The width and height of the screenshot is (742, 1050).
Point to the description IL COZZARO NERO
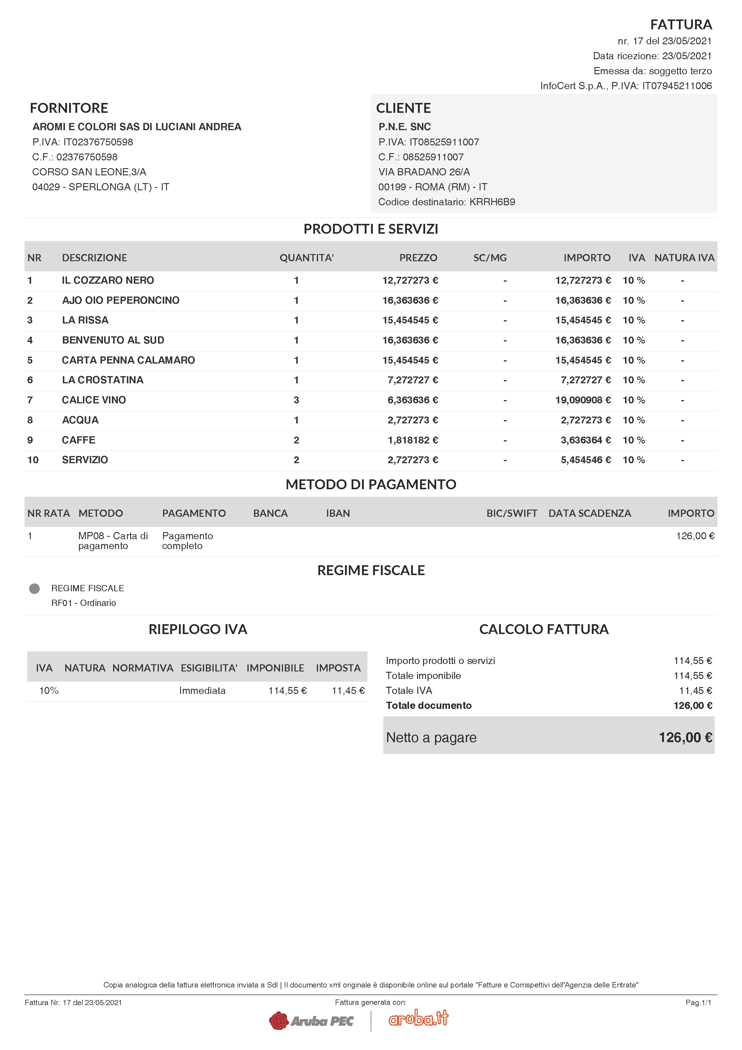pyautogui.click(x=108, y=280)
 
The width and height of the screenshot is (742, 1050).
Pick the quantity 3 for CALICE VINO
pyautogui.click(x=296, y=400)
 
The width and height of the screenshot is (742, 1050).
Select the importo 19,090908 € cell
pyautogui.click(x=583, y=400)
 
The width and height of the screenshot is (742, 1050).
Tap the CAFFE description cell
pyautogui.click(x=79, y=440)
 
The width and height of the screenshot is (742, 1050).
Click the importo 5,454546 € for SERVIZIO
pyautogui.click(x=585, y=460)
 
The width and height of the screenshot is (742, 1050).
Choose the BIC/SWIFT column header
pyautogui.click(x=512, y=513)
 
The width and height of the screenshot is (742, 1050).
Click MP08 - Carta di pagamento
pyautogui.click(x=113, y=540)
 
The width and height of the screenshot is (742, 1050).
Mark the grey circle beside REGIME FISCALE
pyautogui.click(x=34, y=589)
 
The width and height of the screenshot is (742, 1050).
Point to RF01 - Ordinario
pyautogui.click(x=84, y=603)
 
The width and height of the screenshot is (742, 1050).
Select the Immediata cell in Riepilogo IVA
pyautogui.click(x=202, y=691)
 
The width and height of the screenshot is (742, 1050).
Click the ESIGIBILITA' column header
pyautogui.click(x=209, y=668)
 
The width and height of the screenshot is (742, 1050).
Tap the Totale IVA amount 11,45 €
pyautogui.click(x=695, y=691)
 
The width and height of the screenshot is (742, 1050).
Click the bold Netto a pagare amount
pyautogui.click(x=685, y=738)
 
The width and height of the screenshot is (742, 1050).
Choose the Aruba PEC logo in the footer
pyautogui.click(x=312, y=1021)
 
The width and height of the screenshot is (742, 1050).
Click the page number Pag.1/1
pyautogui.click(x=698, y=1002)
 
